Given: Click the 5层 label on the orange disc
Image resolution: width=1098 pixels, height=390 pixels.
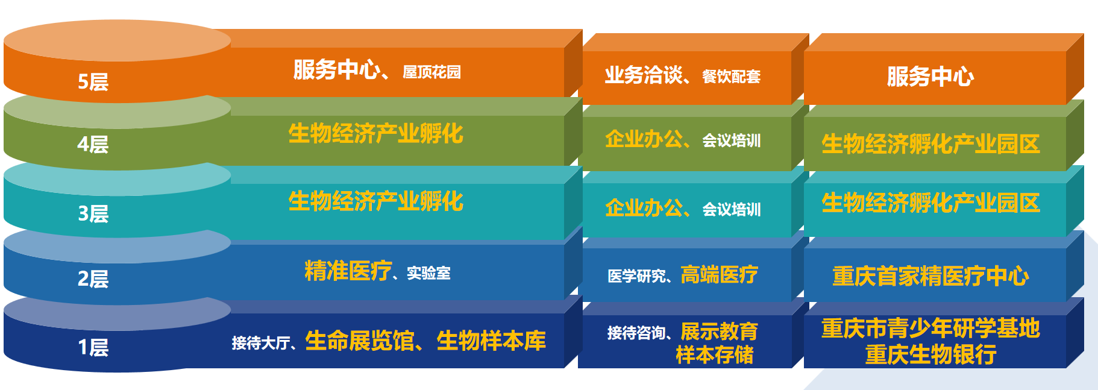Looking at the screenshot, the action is [93, 81].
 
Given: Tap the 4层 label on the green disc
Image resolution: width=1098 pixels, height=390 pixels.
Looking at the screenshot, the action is [93, 144].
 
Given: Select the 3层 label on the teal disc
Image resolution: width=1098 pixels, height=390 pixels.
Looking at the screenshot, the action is [93, 213].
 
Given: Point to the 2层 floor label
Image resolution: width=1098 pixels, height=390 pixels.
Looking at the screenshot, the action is [93, 278].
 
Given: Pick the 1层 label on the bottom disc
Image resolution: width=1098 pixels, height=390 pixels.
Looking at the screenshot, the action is [93, 347].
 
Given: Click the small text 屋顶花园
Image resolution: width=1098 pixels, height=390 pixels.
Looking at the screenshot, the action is [431, 72].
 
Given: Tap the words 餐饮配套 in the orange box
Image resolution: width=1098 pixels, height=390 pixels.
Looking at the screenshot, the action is [731, 77].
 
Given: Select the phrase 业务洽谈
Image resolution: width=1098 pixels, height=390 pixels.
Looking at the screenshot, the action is [644, 75].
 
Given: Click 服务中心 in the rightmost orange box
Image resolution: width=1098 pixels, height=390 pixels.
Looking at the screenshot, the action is [930, 77].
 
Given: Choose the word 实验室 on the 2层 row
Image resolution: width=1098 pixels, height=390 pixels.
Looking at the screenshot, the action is [428, 273].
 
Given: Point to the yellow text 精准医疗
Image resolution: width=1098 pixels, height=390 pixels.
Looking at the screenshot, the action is [348, 271].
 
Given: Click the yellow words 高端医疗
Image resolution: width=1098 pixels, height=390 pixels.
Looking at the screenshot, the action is [719, 275].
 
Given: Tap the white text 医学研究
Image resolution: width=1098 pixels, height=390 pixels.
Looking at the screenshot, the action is [636, 276].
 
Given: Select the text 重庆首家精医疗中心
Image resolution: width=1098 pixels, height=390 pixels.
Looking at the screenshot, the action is [930, 276].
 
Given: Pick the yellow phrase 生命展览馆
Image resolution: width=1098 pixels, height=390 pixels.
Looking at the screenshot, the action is [360, 341].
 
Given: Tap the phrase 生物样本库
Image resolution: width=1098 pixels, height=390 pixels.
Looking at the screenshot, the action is [491, 341].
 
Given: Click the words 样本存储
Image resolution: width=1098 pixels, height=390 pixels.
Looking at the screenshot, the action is [714, 355].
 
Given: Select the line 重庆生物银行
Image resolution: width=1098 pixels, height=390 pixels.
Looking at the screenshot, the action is [930, 354].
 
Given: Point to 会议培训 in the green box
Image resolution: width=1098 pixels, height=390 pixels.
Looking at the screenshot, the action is [731, 141].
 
